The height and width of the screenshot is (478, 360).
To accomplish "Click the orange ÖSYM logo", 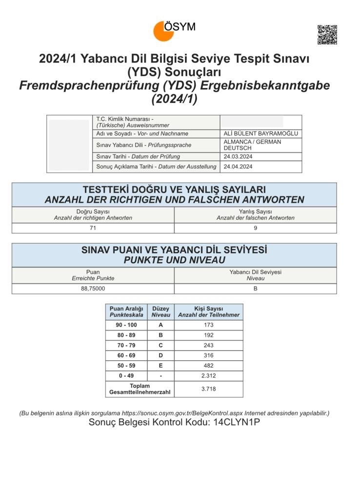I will point(164,31).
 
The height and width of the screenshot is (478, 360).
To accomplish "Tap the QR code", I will point(327,35).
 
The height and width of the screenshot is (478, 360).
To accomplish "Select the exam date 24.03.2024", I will point(239,157).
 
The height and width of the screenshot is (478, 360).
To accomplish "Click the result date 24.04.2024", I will point(239,166).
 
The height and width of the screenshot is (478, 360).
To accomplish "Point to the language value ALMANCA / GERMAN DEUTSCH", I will point(252,145).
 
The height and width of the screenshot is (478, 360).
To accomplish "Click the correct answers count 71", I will point(93,228).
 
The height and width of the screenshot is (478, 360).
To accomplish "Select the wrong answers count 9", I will point(256,228).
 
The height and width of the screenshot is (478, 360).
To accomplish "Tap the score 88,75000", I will point(93,289).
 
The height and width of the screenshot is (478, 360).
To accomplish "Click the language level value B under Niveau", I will point(256,289).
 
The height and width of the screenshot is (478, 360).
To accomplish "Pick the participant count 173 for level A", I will point(208,325).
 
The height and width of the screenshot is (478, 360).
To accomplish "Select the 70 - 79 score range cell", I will point(123,345).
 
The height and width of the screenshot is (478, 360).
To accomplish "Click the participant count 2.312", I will point(208,375).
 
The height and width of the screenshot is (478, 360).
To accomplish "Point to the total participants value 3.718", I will point(208,389).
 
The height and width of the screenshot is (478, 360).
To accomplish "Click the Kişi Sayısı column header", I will point(208,312).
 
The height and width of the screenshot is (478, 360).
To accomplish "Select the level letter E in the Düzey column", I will point(160,365).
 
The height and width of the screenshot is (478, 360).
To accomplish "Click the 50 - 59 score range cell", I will point(123,365).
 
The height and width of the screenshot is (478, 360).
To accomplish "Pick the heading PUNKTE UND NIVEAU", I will point(174,260).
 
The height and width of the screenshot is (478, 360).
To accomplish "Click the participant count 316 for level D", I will point(208,355).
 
